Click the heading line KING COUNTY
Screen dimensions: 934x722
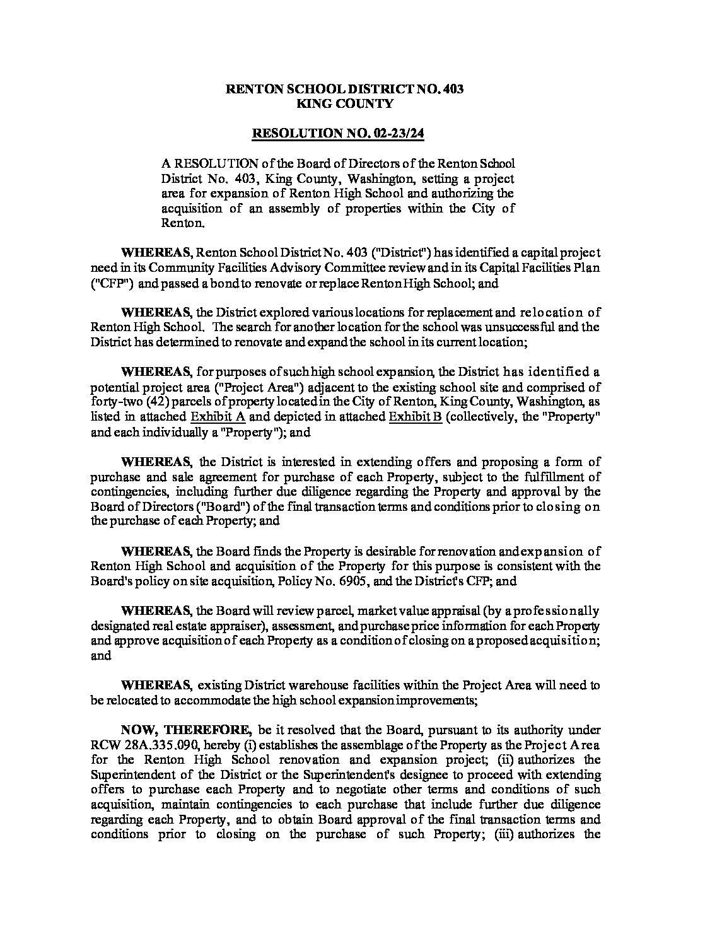[345, 104]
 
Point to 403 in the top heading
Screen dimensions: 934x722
[453, 89]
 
